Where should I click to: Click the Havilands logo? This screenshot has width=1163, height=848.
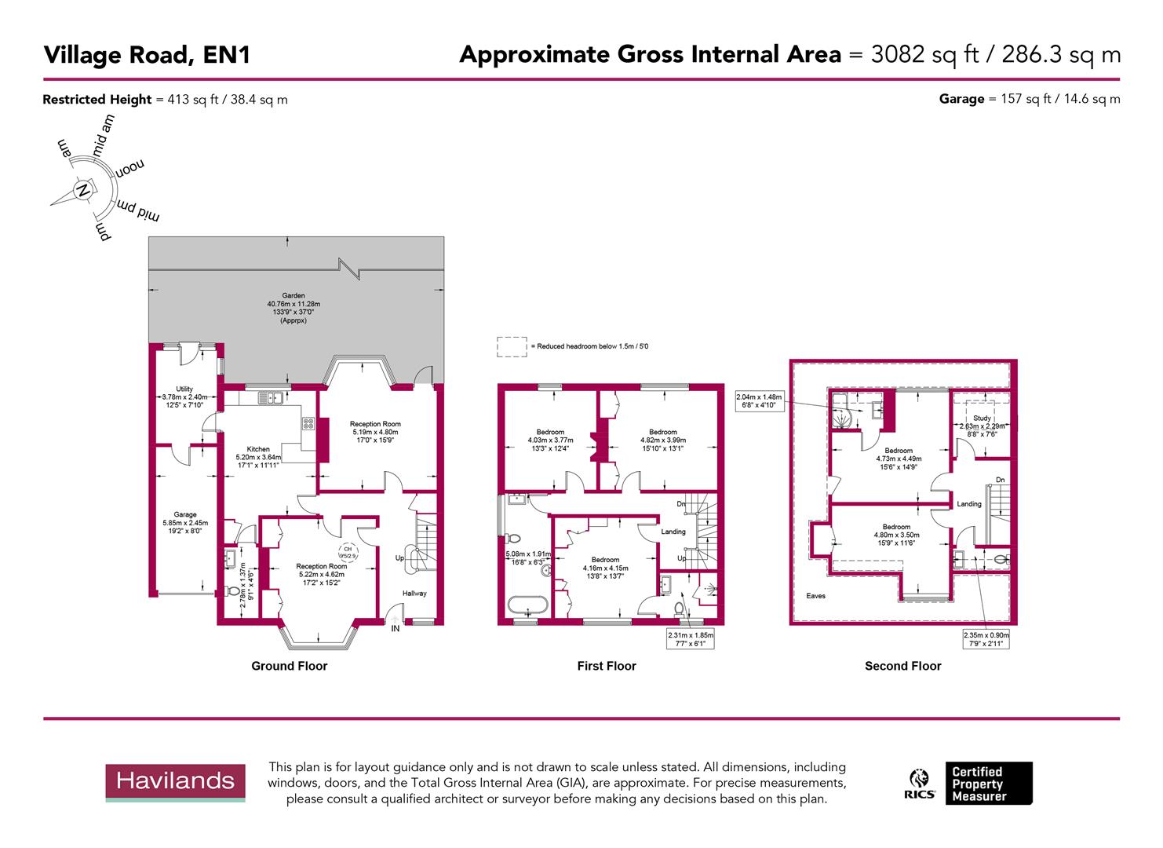pyautogui.click(x=175, y=781)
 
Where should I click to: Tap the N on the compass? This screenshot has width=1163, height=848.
pyautogui.click(x=82, y=190)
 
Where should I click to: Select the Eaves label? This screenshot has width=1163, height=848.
pyautogui.click(x=815, y=596)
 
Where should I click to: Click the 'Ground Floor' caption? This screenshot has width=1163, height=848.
pyautogui.click(x=289, y=666)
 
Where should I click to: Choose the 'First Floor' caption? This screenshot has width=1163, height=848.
pyautogui.click(x=606, y=666)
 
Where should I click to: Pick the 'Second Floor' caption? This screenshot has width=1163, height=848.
pyautogui.click(x=902, y=666)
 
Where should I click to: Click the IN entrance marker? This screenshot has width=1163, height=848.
pyautogui.click(x=396, y=628)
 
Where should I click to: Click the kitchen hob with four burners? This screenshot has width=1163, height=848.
pyautogui.click(x=308, y=425)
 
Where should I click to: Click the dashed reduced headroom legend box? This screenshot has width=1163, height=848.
pyautogui.click(x=512, y=346)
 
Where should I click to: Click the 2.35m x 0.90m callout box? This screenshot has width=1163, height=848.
pyautogui.click(x=986, y=639)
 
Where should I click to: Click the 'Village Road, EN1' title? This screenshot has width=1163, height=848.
pyautogui.click(x=147, y=55)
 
